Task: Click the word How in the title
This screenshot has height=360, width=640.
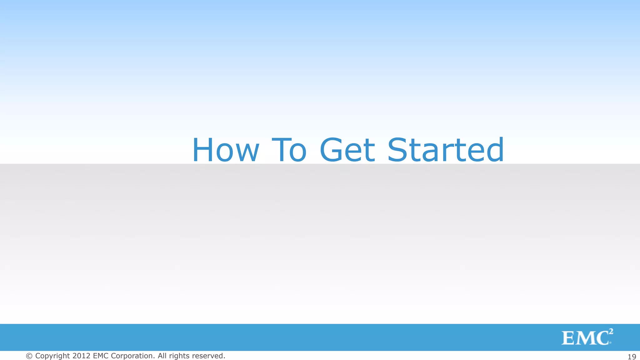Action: pos(226,150)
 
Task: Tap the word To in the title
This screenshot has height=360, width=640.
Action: pos(289,150)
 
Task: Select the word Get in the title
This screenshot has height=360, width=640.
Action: pos(347,150)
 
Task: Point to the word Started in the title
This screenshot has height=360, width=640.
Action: pos(446,150)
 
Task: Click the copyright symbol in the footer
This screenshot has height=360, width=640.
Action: pos(29,356)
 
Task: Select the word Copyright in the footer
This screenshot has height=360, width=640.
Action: pos(52,356)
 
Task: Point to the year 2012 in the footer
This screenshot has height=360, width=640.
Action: pos(82,356)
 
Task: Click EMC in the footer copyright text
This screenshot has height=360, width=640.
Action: pos(101,356)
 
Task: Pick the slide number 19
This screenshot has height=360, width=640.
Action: pos(632,357)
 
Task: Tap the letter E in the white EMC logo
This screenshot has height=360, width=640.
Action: pos(567,338)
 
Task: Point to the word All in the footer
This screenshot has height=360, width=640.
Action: pos(162,356)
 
